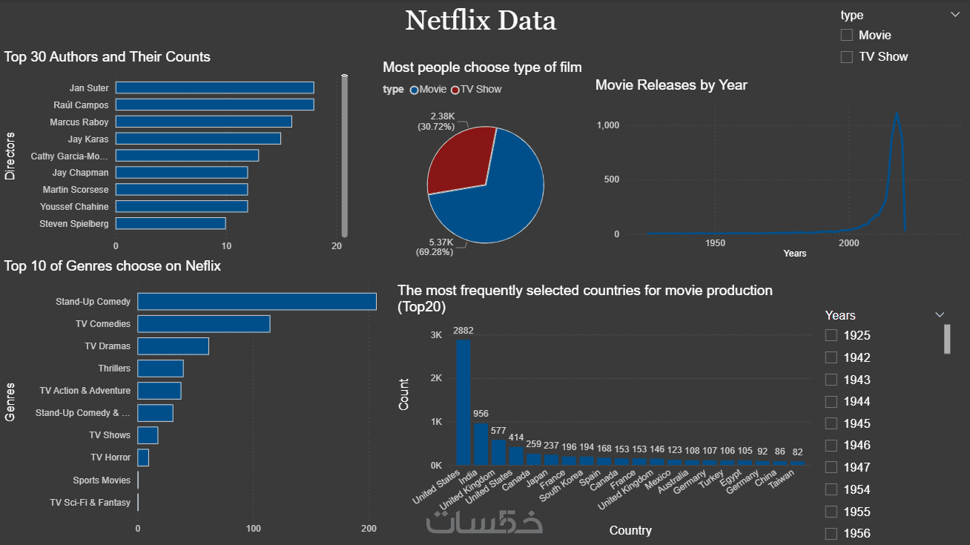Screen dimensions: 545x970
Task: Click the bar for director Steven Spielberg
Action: click(171, 223)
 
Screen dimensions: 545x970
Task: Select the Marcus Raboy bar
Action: click(203, 122)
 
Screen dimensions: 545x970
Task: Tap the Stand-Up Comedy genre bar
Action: click(257, 302)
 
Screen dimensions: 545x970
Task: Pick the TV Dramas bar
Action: click(173, 346)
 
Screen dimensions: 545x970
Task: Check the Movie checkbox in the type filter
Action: click(847, 36)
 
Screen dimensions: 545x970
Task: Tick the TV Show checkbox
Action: click(847, 57)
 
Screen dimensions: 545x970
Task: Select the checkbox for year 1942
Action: click(831, 357)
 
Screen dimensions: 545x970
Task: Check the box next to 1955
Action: click(831, 512)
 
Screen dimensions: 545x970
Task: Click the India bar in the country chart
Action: click(481, 443)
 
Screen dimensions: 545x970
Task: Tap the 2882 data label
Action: click(463, 331)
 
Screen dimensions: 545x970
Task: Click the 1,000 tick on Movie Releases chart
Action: click(608, 125)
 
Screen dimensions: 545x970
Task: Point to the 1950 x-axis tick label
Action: click(715, 243)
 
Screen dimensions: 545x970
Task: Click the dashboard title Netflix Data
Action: click(481, 21)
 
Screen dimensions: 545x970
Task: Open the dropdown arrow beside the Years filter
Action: click(940, 315)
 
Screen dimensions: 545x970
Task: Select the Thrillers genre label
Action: click(114, 369)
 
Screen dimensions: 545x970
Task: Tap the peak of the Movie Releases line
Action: click(897, 113)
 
